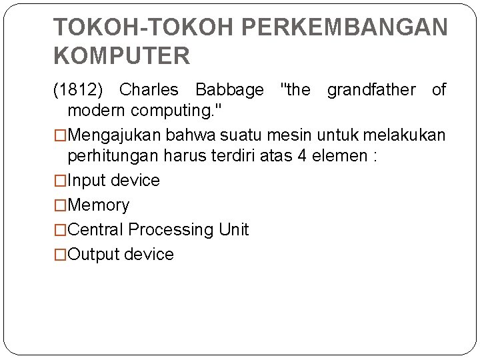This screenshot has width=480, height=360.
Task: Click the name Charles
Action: point(149,90)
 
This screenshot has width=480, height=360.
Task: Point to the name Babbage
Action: point(229,90)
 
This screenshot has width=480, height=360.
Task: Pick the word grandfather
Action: point(371,90)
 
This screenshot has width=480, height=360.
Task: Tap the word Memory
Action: point(99,205)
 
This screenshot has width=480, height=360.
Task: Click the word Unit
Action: point(233,230)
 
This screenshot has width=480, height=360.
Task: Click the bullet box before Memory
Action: point(60,205)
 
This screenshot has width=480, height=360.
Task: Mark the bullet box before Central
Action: point(60,230)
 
